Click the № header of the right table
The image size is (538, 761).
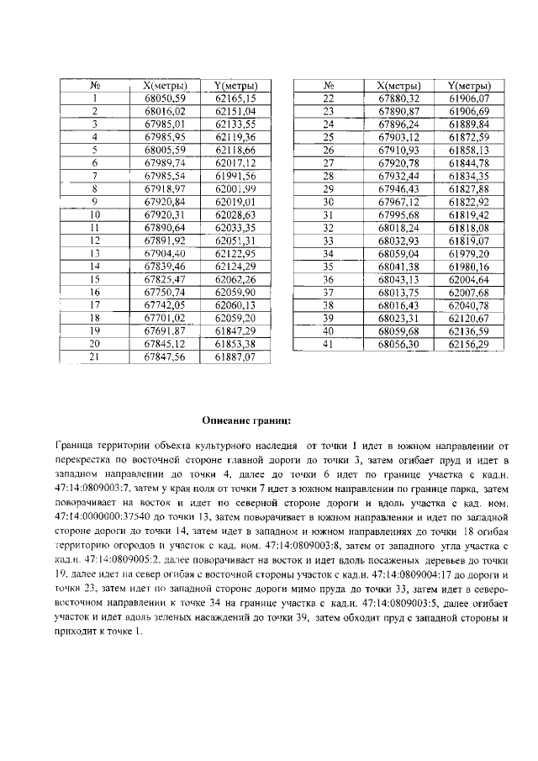(x=330, y=86)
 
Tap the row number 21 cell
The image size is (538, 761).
(x=95, y=357)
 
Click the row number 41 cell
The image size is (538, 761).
(x=330, y=343)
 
